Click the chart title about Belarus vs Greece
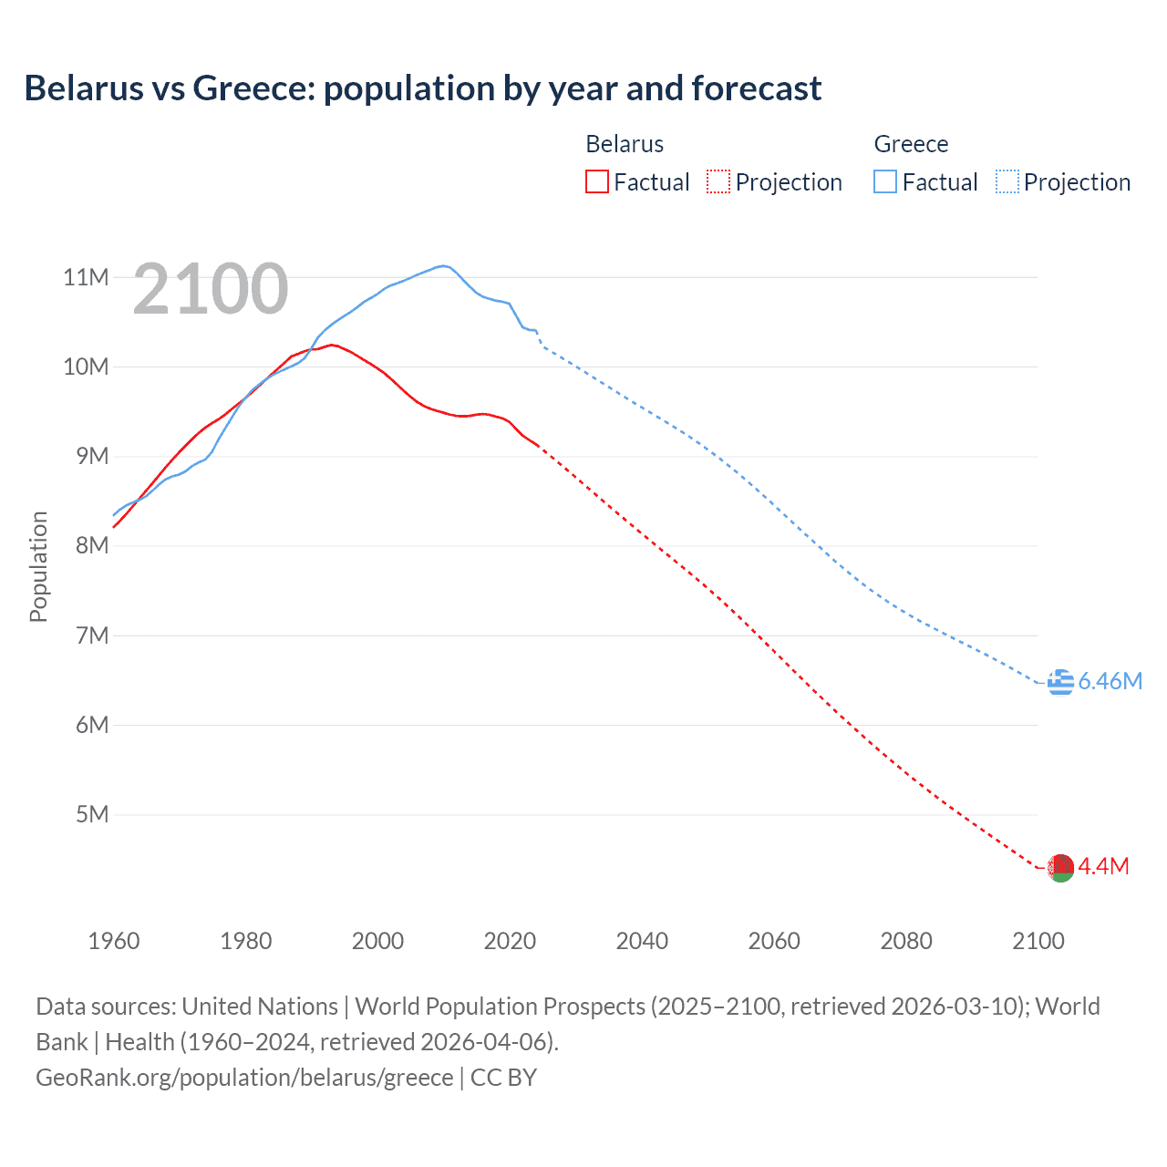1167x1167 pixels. point(423,88)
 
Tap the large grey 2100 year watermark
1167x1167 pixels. point(211,290)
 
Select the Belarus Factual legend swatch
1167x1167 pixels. point(597,181)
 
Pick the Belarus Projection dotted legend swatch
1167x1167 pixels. point(718,181)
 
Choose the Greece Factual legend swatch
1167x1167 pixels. point(885,181)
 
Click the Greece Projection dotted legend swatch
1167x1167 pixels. point(1007,181)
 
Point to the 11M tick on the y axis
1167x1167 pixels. point(86,277)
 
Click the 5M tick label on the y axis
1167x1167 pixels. point(92,814)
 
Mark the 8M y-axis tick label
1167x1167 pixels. point(92,545)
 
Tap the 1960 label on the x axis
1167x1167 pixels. point(114,941)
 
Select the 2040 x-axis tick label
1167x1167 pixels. point(642,941)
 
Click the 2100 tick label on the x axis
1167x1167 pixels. point(1038,941)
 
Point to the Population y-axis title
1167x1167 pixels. point(38,566)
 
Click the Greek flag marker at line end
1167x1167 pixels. point(1060,682)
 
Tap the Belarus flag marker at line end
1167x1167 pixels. point(1060,867)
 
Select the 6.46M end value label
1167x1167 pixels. point(1110,682)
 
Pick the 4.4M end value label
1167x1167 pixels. point(1104,867)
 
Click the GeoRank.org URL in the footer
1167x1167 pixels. point(244,1078)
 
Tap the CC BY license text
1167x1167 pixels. point(503,1078)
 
